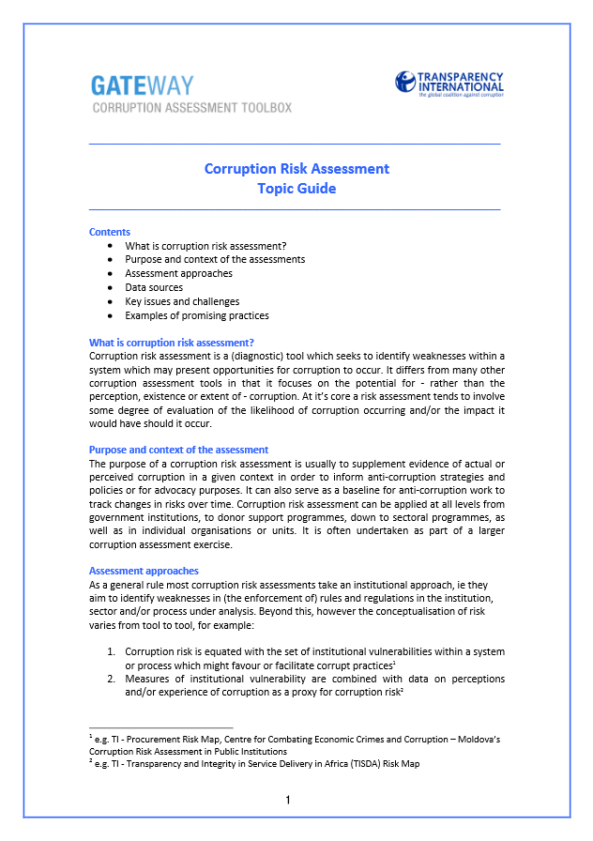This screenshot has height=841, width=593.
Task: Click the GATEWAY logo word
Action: click(142, 85)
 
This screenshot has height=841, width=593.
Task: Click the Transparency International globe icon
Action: click(404, 82)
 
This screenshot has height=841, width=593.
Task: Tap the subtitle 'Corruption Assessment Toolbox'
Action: click(190, 108)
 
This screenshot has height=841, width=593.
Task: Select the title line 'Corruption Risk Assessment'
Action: click(296, 169)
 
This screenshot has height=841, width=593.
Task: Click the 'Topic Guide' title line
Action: click(296, 189)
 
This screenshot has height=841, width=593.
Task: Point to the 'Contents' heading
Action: click(110, 232)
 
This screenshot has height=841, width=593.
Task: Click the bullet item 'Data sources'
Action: click(154, 287)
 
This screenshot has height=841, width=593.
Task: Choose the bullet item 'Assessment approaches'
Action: click(178, 273)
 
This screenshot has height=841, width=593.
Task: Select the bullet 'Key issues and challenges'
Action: click(182, 301)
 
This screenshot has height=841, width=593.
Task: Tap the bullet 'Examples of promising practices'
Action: click(197, 315)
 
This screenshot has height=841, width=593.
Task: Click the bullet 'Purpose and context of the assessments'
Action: click(215, 259)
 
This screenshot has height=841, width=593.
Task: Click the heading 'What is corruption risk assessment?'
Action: click(172, 343)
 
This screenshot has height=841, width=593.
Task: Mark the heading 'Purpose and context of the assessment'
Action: click(178, 450)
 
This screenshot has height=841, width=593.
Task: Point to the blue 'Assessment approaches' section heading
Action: click(144, 571)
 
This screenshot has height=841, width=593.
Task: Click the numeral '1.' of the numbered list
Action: click(111, 651)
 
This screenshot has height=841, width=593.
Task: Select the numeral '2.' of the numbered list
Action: click(111, 679)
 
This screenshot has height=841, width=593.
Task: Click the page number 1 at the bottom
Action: click(288, 801)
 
